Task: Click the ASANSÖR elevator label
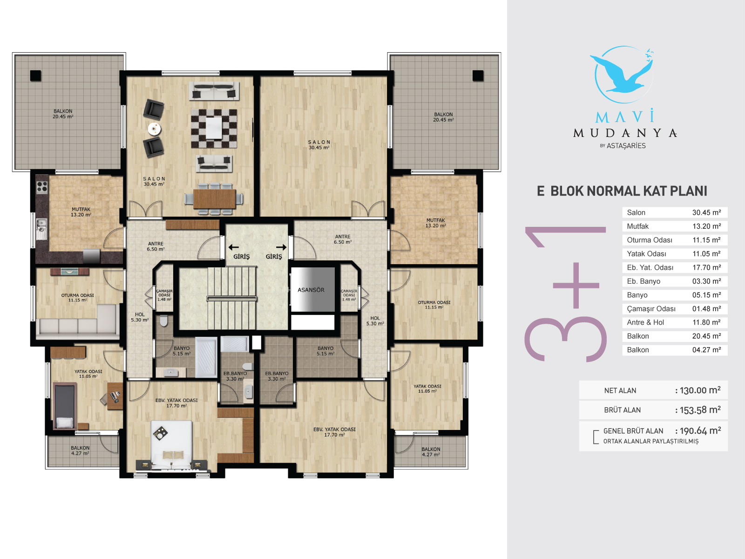point(311,290)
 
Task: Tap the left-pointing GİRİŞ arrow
point(234,247)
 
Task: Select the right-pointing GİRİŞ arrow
point(281,247)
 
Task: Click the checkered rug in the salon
point(214,128)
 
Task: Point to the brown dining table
point(214,199)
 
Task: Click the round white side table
point(155,129)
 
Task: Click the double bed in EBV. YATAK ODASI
point(172,445)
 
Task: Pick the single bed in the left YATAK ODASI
point(64,406)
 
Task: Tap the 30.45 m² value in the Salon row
point(706,212)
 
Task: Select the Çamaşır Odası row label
point(651,309)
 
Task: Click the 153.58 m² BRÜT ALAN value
point(700,410)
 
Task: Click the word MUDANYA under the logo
point(625,133)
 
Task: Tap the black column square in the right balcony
point(478,75)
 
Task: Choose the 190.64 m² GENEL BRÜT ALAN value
point(700,431)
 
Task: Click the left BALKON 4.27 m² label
point(80,450)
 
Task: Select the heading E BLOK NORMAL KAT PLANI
point(622,191)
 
